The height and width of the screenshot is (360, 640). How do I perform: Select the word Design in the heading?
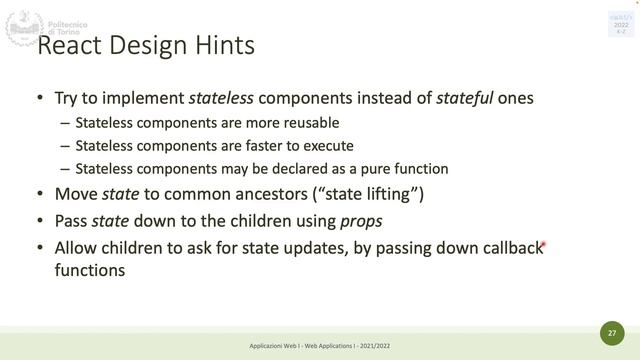click(x=149, y=47)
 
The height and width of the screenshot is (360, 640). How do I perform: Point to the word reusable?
click(x=310, y=123)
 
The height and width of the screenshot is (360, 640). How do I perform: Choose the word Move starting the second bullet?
click(x=76, y=194)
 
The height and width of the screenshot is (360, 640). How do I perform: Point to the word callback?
click(x=506, y=247)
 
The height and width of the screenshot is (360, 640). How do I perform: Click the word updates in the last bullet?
click(x=318, y=247)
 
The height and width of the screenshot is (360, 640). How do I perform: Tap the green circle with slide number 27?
click(x=610, y=331)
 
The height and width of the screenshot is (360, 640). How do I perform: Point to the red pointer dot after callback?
click(x=543, y=243)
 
